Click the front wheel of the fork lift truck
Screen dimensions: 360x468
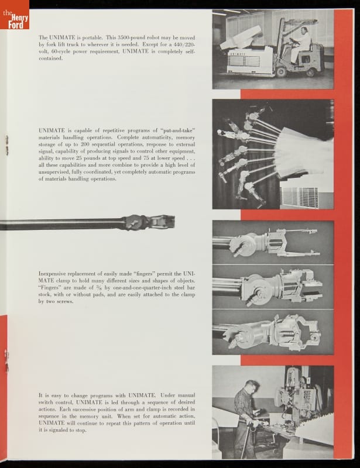click(282, 72)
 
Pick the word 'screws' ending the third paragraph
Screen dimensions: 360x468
click(66, 301)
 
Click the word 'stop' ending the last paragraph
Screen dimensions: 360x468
click(81, 430)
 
